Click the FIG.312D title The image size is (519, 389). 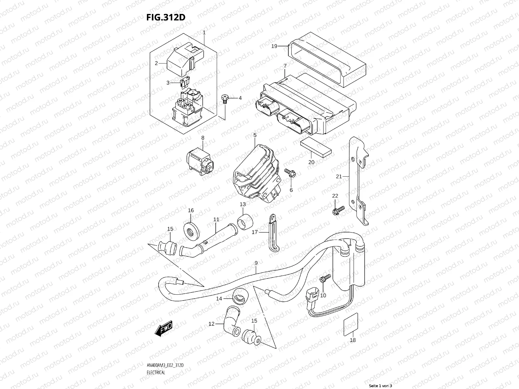[166, 17]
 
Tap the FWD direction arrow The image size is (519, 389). [163, 328]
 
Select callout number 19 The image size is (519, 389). [274, 46]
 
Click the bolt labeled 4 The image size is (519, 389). [224, 99]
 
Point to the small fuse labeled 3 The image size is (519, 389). [185, 83]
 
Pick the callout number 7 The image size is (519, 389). [285, 66]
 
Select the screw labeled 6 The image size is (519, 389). [290, 174]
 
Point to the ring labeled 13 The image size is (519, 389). [245, 221]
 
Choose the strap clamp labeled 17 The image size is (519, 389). [273, 233]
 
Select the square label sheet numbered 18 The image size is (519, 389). [351, 324]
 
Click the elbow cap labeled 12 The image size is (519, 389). [232, 321]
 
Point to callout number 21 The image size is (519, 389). [339, 176]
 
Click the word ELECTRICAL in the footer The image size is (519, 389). [156, 372]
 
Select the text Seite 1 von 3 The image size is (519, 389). [380, 386]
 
